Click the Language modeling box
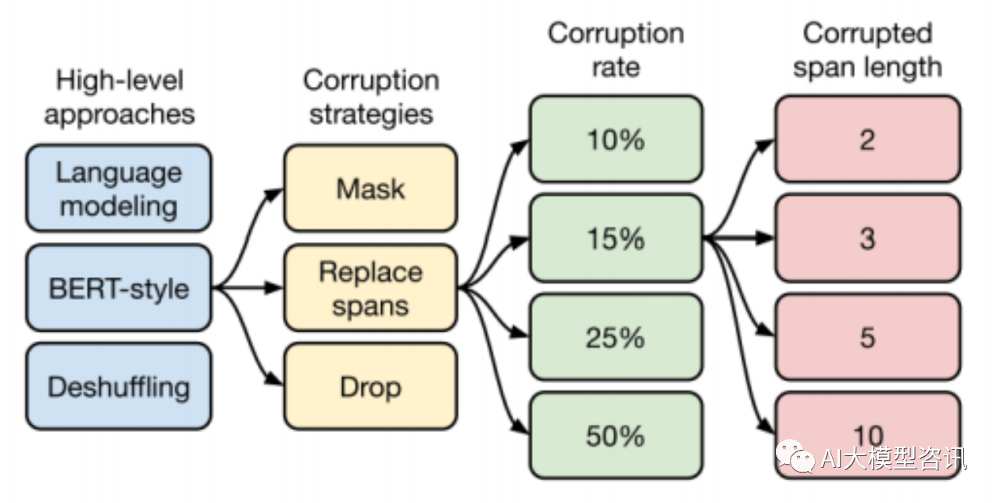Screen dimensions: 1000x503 (x=119, y=189)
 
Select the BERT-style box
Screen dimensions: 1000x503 (x=119, y=288)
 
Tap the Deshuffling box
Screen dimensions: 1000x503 (x=119, y=386)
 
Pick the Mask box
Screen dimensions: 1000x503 (x=370, y=189)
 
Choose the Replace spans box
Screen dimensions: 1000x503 (x=370, y=288)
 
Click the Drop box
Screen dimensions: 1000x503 (x=370, y=386)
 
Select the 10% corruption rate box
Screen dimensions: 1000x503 (x=616, y=139)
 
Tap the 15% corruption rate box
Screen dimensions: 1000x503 (x=616, y=238)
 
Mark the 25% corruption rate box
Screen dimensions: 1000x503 (x=616, y=337)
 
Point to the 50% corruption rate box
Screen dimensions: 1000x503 (x=616, y=436)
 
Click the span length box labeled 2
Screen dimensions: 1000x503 (x=867, y=139)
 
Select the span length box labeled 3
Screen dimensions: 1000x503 (x=867, y=238)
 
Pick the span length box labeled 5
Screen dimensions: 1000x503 (x=867, y=337)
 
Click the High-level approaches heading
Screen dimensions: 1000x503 (x=119, y=97)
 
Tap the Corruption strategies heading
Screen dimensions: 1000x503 (x=370, y=97)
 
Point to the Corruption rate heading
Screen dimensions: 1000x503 (x=616, y=49)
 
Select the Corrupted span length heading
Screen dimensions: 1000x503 (x=867, y=49)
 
